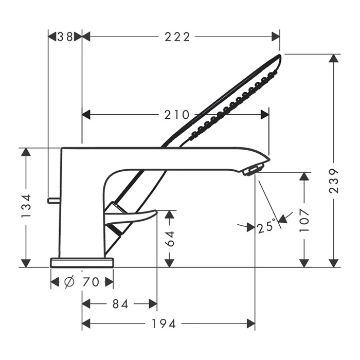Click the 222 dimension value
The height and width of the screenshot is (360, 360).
pyautogui.click(x=177, y=37)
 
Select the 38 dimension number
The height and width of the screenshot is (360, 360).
pyautogui.click(x=65, y=37)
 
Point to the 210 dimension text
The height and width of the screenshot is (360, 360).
pyautogui.click(x=176, y=115)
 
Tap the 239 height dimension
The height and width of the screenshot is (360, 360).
pyautogui.click(x=334, y=181)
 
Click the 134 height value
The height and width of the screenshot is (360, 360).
pyautogui.click(x=26, y=206)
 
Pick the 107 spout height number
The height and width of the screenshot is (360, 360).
pyautogui.click(x=304, y=221)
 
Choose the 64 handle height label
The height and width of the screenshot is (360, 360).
pyautogui.click(x=170, y=239)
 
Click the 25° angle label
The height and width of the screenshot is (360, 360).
pyautogui.click(x=266, y=226)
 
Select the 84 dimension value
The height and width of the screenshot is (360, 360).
pyautogui.click(x=120, y=304)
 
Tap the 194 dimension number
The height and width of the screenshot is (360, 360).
pyautogui.click(x=164, y=324)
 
